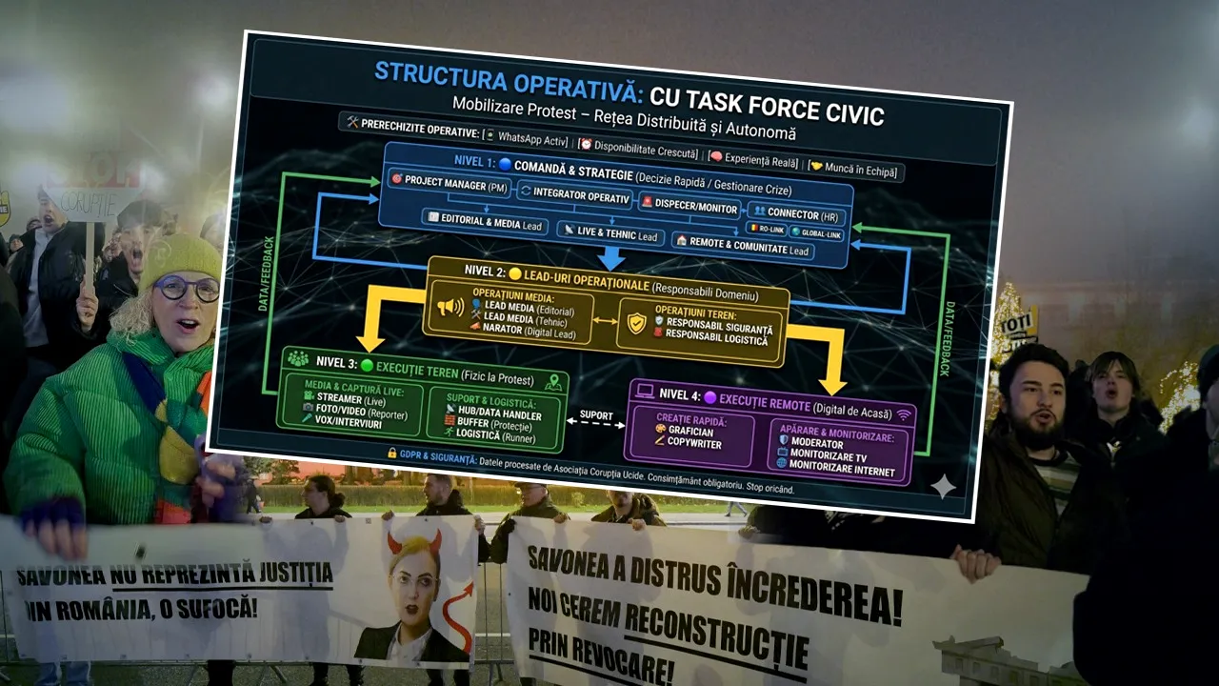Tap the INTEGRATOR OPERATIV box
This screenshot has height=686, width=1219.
pyautogui.click(x=574, y=194)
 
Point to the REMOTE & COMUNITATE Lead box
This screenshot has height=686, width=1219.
pyautogui.click(x=743, y=244)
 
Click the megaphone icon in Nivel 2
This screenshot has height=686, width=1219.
pyautogui.click(x=450, y=308)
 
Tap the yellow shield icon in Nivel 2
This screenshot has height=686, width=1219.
pyautogui.click(x=636, y=325)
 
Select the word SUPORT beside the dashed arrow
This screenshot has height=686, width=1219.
pyautogui.click(x=597, y=415)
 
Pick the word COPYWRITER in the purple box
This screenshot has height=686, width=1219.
pyautogui.click(x=695, y=444)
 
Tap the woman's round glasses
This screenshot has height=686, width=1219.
pyautogui.click(x=187, y=287)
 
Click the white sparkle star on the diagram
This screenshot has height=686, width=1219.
pyautogui.click(x=943, y=487)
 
